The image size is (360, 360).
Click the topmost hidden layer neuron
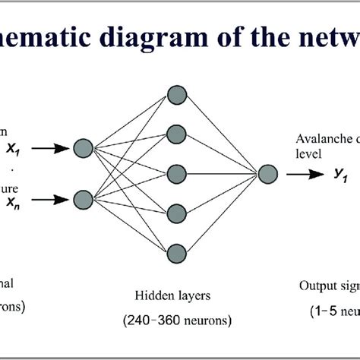(x=178, y=94)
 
